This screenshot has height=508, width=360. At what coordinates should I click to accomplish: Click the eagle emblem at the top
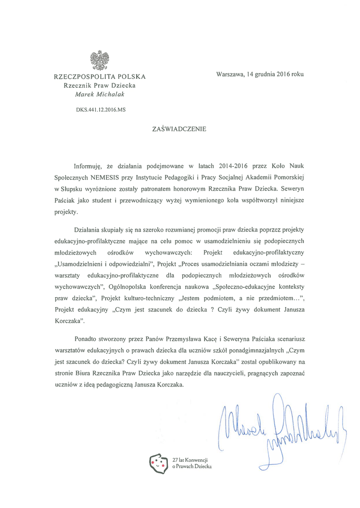(x=100, y=60)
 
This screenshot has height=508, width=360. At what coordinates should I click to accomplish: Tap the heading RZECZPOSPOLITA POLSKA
(x=100, y=76)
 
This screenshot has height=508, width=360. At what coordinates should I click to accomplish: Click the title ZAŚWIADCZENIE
(x=179, y=129)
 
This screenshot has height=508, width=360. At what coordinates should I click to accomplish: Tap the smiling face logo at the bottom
(x=159, y=464)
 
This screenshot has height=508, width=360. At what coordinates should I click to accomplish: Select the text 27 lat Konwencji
(x=190, y=460)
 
